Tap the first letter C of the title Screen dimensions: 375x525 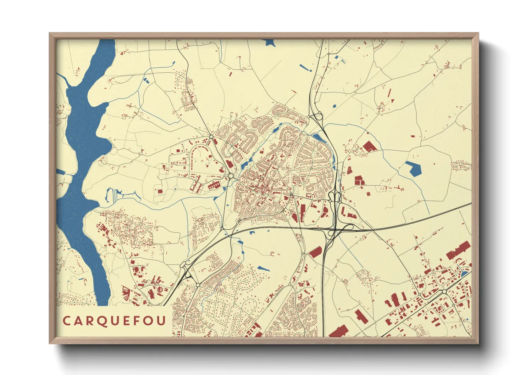[x=66, y=321]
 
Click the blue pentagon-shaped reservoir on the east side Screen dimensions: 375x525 [x=413, y=169]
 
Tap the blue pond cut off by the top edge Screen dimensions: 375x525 [x=270, y=43]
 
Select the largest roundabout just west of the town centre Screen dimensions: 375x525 [x=231, y=176]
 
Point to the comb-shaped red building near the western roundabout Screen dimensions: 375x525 [x=214, y=185]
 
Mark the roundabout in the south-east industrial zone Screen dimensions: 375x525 [x=444, y=292]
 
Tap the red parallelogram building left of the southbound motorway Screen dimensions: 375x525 [x=315, y=252]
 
